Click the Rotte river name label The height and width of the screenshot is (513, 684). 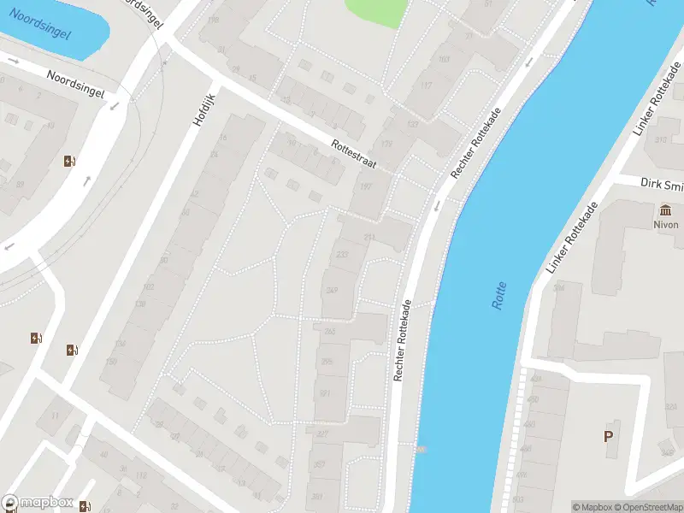500,296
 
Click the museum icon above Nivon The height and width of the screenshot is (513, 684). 666,210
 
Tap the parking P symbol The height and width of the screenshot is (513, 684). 609,436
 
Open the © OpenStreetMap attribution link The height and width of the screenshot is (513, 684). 647,507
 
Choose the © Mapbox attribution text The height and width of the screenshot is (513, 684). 592,507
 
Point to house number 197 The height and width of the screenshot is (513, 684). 367,186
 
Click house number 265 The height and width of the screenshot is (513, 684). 329,331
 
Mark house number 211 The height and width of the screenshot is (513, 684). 369,237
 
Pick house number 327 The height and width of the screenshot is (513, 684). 322,434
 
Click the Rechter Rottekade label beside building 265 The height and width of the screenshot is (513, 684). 403,339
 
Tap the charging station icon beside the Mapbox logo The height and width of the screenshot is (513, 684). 84,506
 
